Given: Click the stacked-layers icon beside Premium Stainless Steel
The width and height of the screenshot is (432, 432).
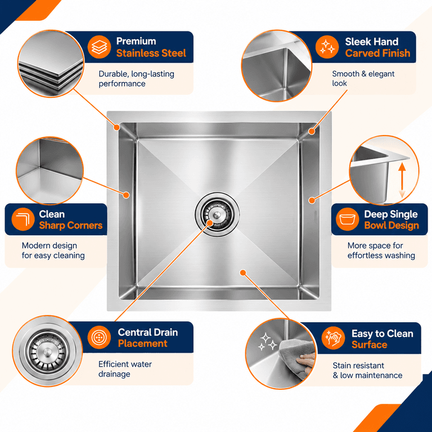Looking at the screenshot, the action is click(x=99, y=47).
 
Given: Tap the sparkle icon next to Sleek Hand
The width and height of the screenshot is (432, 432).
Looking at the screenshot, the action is click(x=327, y=47).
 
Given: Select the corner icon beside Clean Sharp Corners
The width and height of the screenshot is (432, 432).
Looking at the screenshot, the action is click(x=23, y=219).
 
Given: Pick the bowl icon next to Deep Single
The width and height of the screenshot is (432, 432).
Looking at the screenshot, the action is click(x=348, y=219).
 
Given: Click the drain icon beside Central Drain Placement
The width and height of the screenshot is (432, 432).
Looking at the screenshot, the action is click(x=99, y=337).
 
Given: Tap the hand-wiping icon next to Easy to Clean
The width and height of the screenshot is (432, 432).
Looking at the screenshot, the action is click(x=333, y=338).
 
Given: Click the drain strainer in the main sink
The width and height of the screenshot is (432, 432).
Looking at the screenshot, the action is click(x=217, y=214).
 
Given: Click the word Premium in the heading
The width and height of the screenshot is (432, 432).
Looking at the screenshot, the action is click(x=136, y=41).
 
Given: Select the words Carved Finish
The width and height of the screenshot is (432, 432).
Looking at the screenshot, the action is click(x=378, y=53).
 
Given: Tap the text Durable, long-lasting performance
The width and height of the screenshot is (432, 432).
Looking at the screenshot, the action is click(x=136, y=79).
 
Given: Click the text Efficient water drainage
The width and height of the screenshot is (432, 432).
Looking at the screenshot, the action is click(x=125, y=369).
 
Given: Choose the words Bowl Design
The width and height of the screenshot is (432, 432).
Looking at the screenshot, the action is click(x=391, y=226).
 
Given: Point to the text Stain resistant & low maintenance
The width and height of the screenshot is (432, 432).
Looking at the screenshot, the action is click(x=367, y=371).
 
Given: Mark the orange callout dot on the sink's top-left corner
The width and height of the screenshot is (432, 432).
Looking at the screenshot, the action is click(x=117, y=127).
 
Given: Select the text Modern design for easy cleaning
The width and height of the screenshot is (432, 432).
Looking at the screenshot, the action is click(x=53, y=250).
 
